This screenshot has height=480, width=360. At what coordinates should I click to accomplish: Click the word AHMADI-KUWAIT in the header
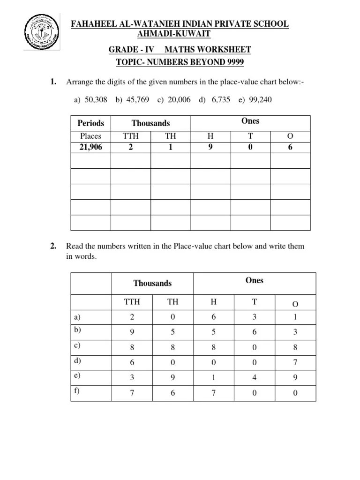tap(173, 34)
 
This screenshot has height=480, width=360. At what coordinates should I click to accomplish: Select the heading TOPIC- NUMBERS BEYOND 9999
tap(180, 62)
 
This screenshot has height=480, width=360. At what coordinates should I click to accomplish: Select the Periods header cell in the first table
tap(90, 123)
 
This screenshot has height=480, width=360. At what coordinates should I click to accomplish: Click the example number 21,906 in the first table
tap(90, 147)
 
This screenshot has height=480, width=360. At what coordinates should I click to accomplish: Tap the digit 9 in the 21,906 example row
tap(210, 147)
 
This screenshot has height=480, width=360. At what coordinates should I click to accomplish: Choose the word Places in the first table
tap(90, 136)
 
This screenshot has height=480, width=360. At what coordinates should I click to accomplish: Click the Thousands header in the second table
tap(152, 283)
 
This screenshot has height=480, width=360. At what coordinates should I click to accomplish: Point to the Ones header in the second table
tap(255, 280)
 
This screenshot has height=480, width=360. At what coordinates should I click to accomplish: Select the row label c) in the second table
tap(77, 346)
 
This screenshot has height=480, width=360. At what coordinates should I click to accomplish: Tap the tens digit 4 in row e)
tap(255, 377)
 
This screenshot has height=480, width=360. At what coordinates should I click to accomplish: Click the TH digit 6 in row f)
tap(172, 393)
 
